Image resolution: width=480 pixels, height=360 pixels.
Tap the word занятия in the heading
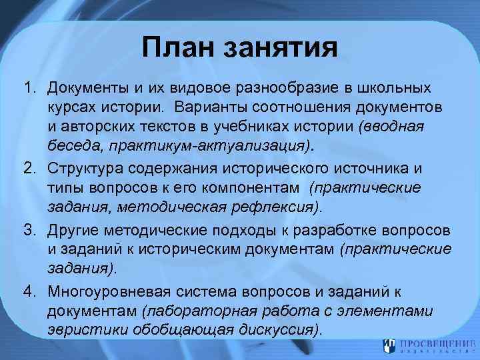click(x=280, y=48)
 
